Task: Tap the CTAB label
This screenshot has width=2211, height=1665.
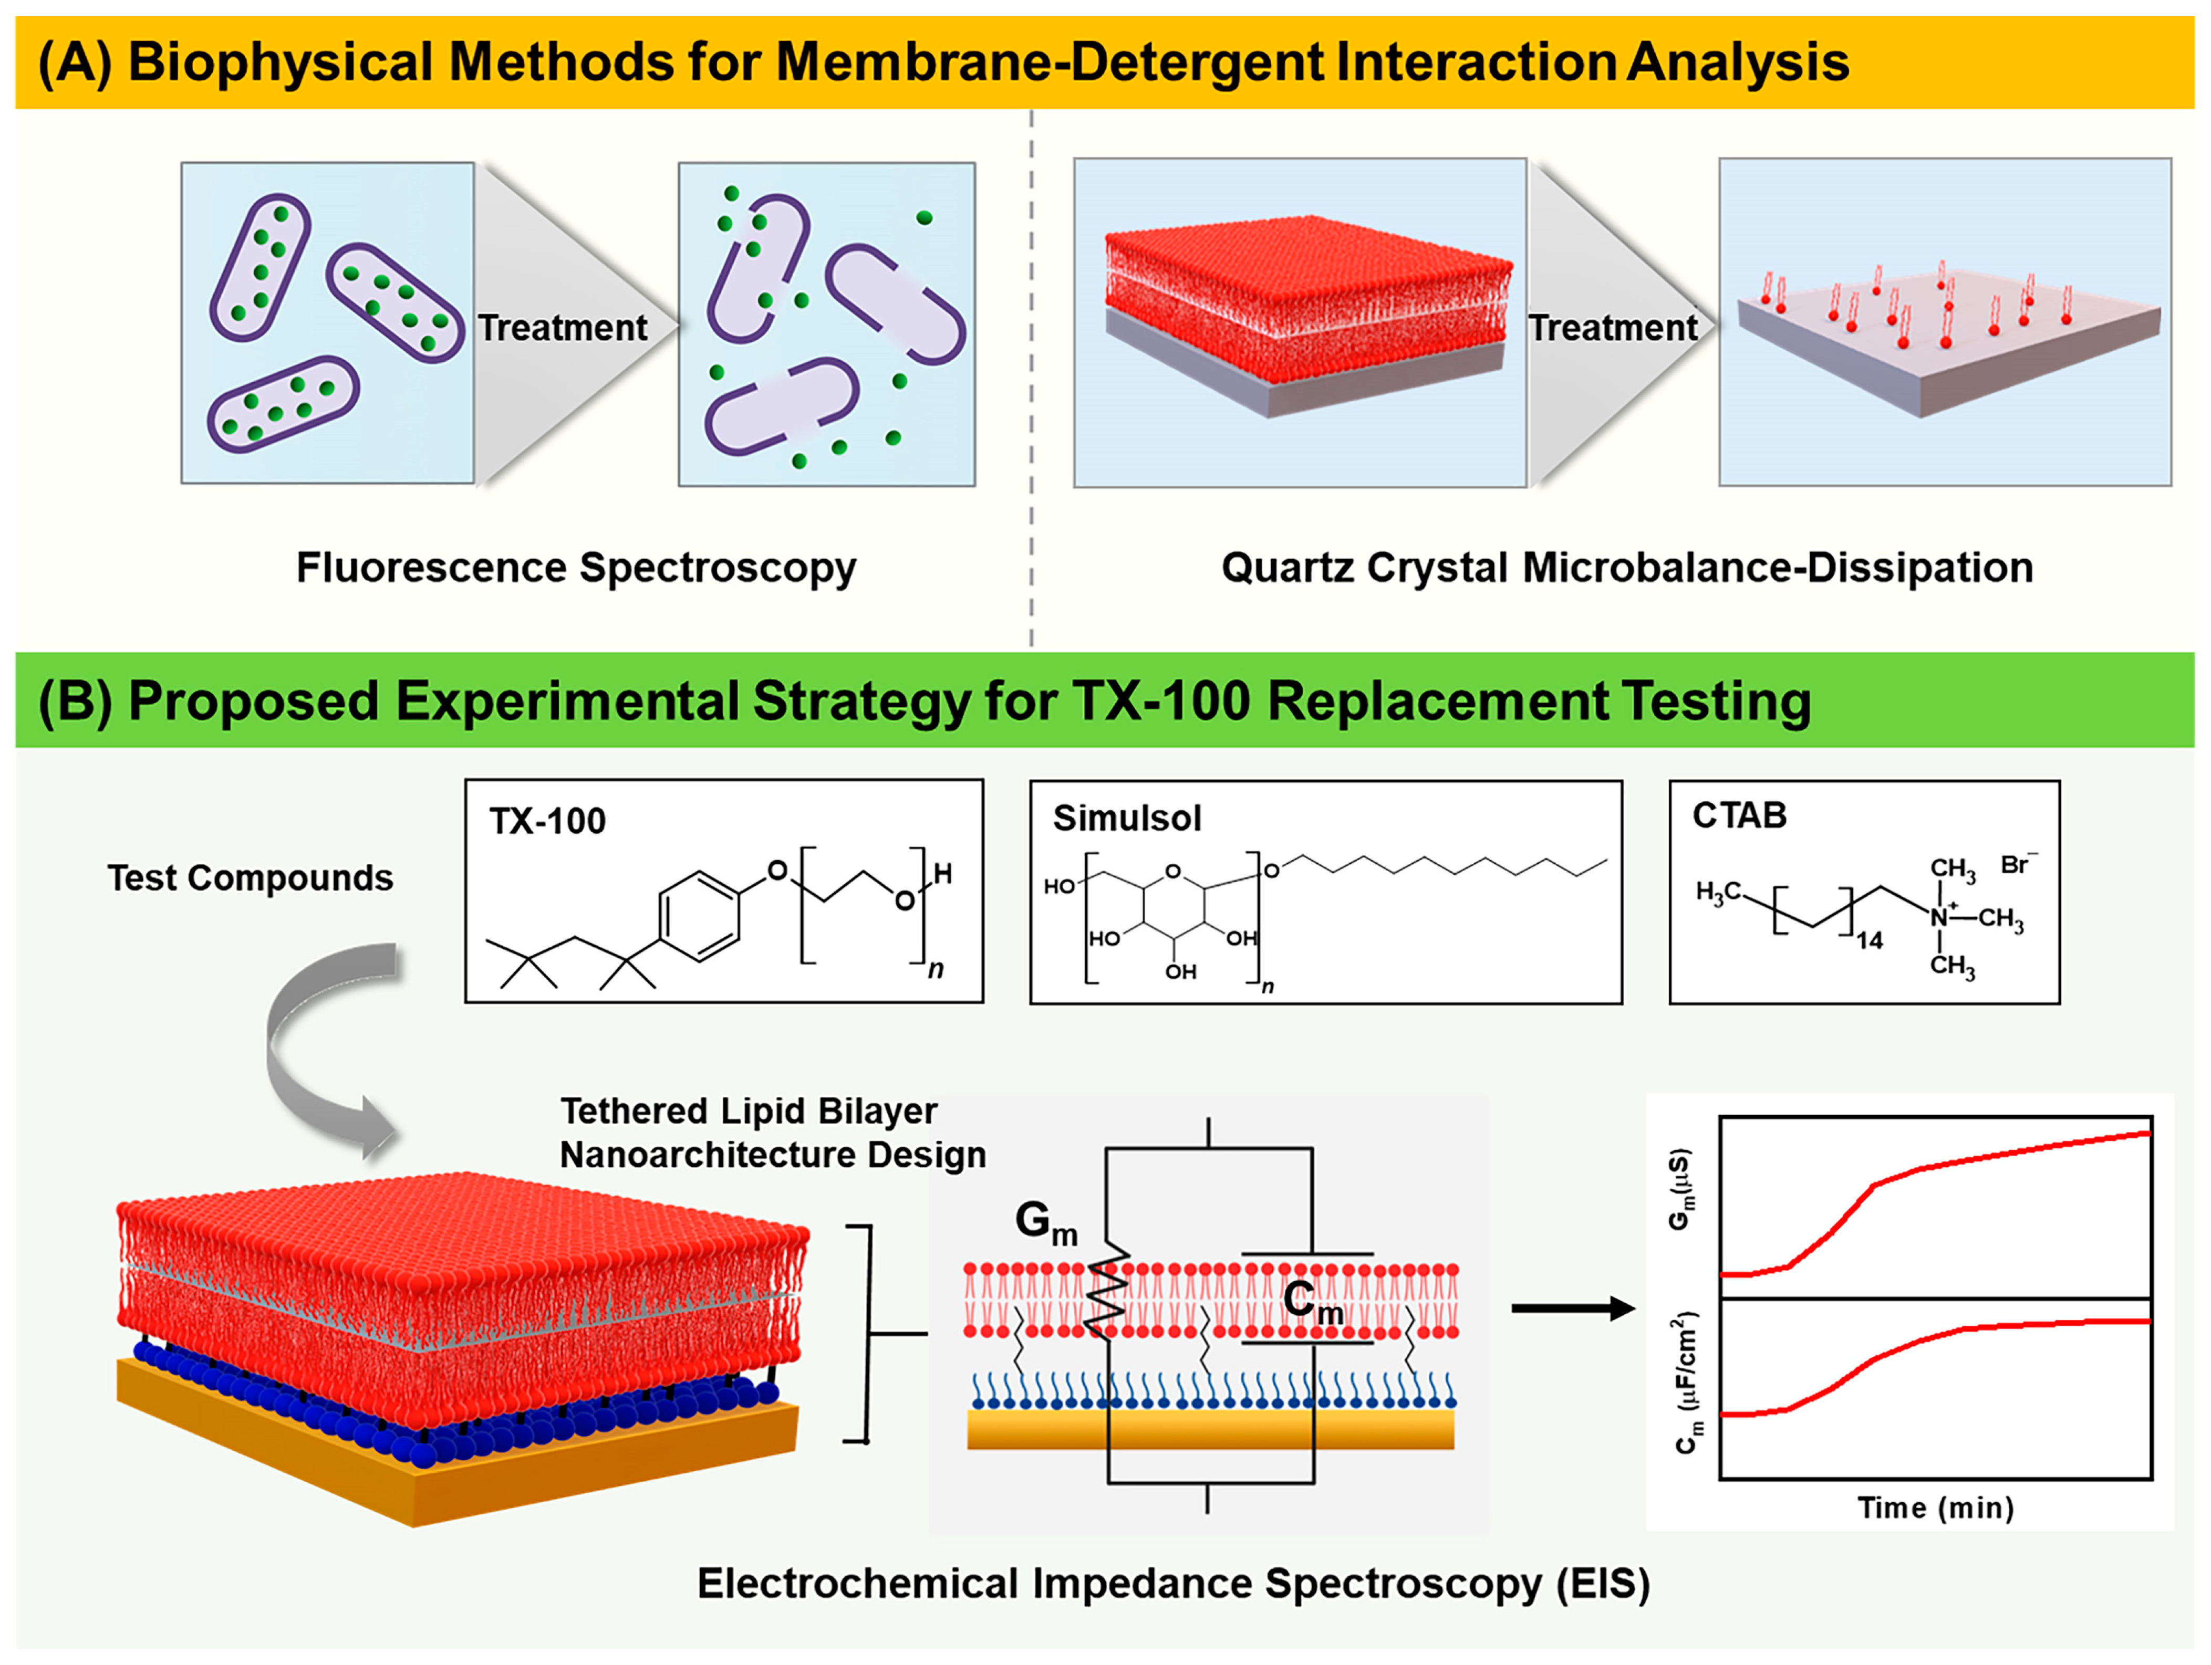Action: pyautogui.click(x=1739, y=815)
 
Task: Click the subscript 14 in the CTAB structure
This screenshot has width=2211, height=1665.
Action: pyautogui.click(x=1869, y=940)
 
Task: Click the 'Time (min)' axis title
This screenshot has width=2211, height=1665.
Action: pyautogui.click(x=1935, y=1507)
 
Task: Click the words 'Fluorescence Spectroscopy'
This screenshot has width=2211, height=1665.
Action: pyautogui.click(x=576, y=568)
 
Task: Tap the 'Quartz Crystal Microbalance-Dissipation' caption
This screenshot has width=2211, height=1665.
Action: pyautogui.click(x=1626, y=568)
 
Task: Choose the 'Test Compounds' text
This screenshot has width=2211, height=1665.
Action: pyautogui.click(x=250, y=877)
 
